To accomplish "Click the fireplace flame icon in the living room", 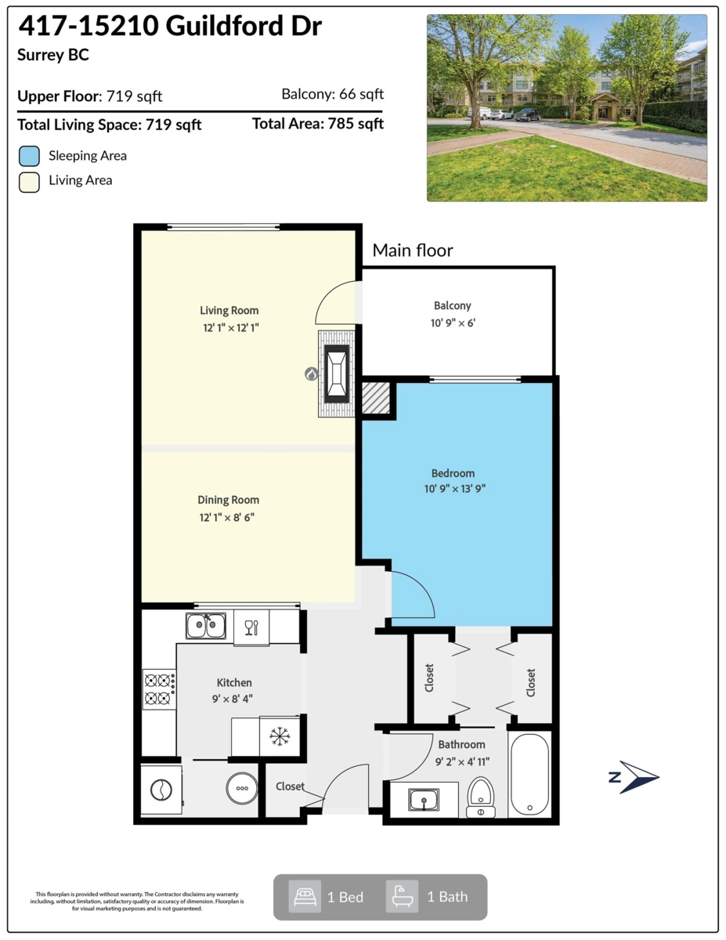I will [x=311, y=374].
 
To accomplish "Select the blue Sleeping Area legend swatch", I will [x=29, y=156].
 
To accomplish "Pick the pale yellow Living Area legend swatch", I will [x=29, y=181].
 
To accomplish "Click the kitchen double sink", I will [x=206, y=626].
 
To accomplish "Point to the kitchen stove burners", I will [x=158, y=689].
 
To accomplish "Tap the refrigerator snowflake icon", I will [x=280, y=736].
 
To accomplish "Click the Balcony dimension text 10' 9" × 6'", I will [x=453, y=321].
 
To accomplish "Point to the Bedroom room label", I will [x=453, y=473].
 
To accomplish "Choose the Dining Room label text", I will [x=228, y=500].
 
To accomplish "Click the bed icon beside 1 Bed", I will [x=304, y=896].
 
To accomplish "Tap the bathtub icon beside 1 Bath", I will [x=402, y=896].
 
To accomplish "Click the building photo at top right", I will [x=566, y=108].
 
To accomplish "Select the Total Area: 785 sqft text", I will [x=318, y=124].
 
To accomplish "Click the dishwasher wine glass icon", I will [x=251, y=627].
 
